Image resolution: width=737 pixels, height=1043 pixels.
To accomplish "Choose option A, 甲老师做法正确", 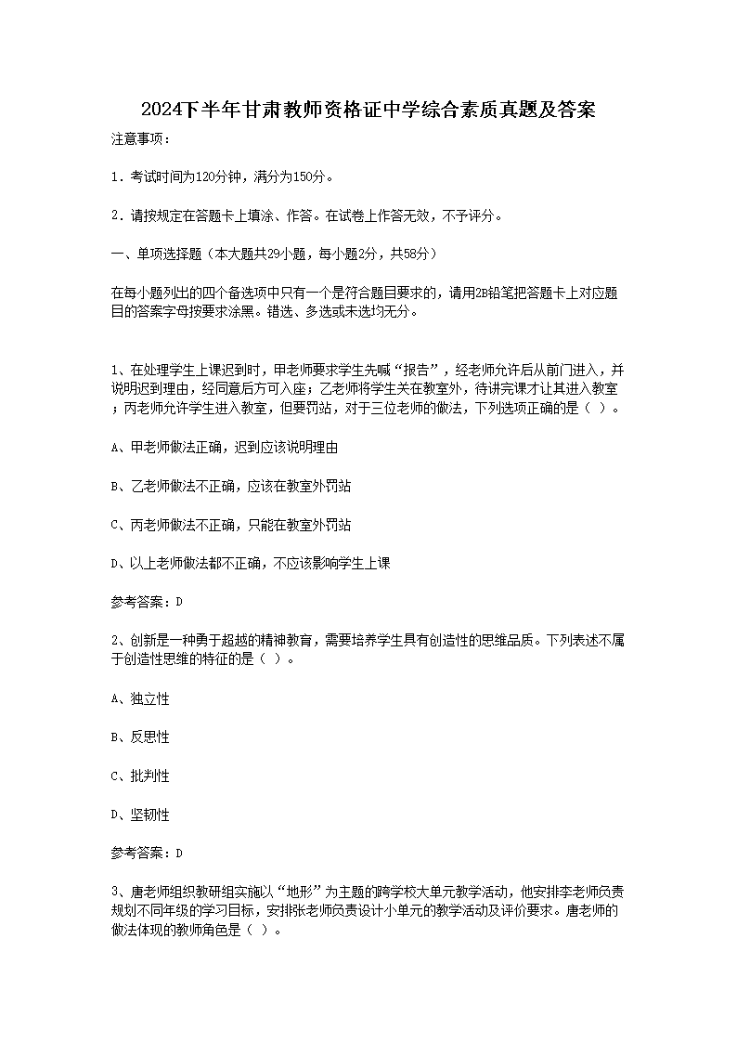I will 223,447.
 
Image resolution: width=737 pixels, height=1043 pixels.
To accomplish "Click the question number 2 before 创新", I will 114,641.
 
